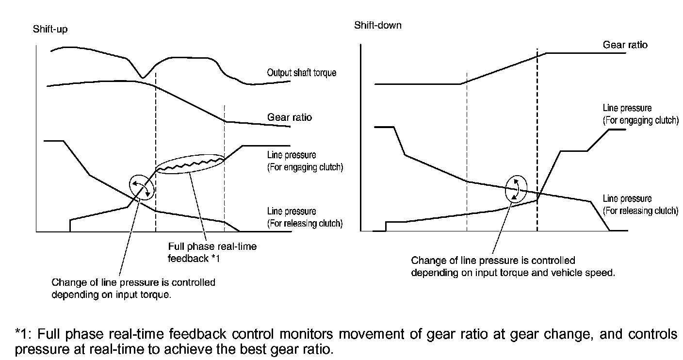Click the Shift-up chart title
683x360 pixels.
(50, 29)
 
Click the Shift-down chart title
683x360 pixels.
(378, 25)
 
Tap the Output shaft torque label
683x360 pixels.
(301, 73)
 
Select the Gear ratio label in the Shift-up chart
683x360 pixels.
(289, 117)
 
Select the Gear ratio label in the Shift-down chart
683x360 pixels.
(625, 45)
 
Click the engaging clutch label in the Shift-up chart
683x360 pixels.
(305, 162)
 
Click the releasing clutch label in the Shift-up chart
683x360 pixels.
(305, 217)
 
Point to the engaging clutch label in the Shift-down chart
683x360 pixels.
(640, 114)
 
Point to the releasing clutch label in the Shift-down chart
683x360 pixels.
(640, 204)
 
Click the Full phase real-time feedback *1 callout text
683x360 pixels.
(212, 252)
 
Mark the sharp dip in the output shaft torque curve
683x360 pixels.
(142, 77)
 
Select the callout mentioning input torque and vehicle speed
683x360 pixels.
(513, 266)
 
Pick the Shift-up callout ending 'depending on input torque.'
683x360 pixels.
(133, 288)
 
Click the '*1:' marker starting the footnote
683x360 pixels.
(24, 334)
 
